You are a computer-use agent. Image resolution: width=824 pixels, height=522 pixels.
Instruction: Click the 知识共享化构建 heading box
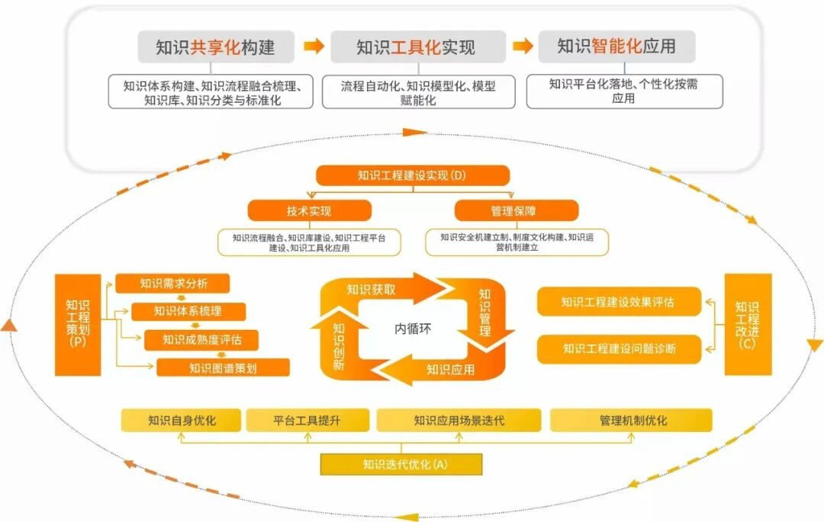point(215,47)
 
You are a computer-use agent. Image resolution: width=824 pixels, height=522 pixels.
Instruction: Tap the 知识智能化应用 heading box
point(616,46)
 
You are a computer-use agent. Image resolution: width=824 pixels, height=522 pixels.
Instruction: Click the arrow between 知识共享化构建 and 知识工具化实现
point(314,47)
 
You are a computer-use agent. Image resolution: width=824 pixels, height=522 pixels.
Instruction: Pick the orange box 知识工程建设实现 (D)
point(413,175)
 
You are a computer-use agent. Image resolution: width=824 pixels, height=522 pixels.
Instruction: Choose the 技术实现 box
point(309,210)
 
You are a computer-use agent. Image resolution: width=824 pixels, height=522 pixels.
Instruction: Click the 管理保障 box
point(517,210)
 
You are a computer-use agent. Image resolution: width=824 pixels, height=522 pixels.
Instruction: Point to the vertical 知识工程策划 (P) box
point(77,325)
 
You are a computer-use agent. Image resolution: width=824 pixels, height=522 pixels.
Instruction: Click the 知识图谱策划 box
point(223,368)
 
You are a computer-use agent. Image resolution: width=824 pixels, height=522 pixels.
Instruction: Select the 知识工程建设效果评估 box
point(618,302)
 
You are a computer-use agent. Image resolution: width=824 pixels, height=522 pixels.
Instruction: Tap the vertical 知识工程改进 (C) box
point(748,325)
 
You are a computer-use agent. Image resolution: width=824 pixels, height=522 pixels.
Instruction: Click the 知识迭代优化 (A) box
point(401,464)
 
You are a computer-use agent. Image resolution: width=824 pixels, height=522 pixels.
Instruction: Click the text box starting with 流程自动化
point(418,92)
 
